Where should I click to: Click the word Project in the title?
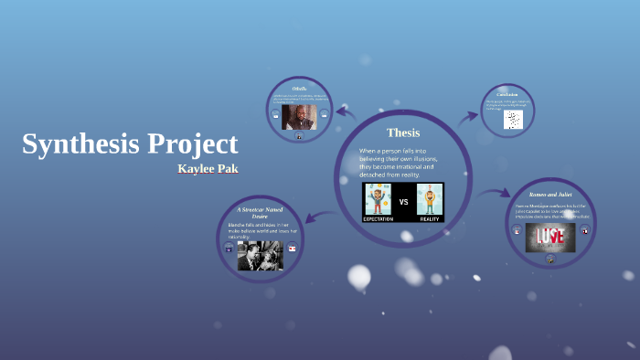[x=193, y=144]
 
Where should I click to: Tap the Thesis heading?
[x=403, y=133]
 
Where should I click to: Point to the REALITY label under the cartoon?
[x=429, y=218]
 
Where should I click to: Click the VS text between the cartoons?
[x=404, y=200]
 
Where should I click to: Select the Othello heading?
[x=299, y=88]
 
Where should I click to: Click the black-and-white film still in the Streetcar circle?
[x=260, y=255]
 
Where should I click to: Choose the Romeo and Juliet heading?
[x=550, y=196]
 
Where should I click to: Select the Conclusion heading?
[x=507, y=94]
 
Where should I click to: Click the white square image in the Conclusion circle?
[x=513, y=120]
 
